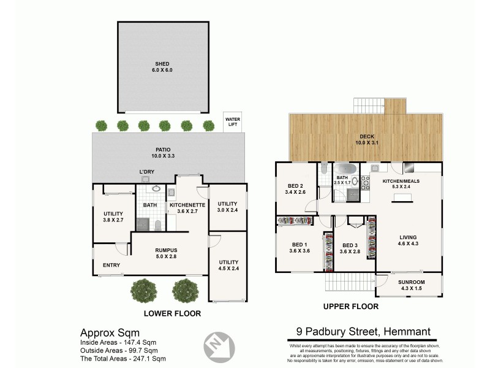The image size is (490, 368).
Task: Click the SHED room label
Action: click(x=162, y=67)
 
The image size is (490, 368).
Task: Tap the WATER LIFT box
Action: click(x=232, y=121)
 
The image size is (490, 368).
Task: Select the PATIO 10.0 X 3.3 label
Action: click(x=162, y=153)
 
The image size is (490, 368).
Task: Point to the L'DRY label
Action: click(x=146, y=172)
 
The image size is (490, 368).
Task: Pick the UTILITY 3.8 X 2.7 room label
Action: click(x=113, y=217)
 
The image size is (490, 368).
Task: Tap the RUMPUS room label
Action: click(x=166, y=253)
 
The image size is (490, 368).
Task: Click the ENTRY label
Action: click(x=111, y=265)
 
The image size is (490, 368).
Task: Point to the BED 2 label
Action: click(x=296, y=189)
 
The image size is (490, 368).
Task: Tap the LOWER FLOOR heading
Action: click(x=171, y=313)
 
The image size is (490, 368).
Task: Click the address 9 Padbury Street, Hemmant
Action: click(x=359, y=332)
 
